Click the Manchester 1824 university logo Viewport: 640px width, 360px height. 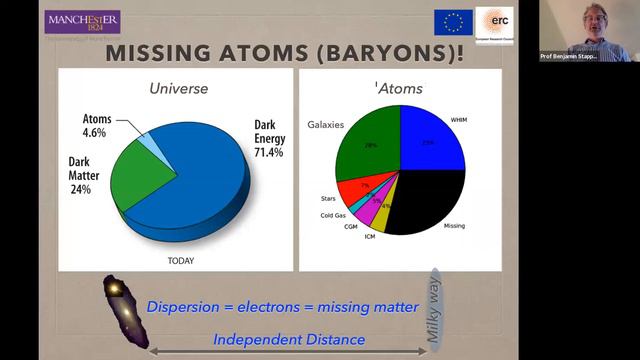point(82,22)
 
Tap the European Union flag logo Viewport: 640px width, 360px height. point(453,22)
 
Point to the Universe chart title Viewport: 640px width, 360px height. point(178,88)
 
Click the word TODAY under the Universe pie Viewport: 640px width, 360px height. point(180,260)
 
